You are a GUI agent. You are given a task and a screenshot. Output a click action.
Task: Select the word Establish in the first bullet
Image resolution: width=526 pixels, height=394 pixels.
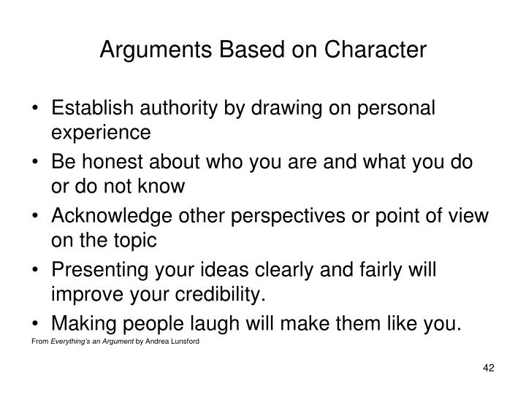point(91,108)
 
